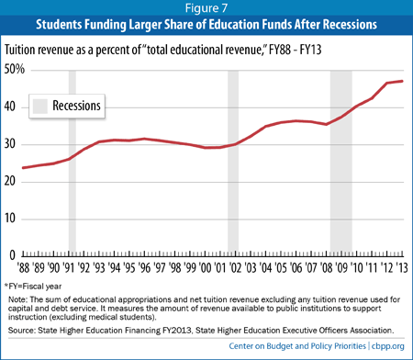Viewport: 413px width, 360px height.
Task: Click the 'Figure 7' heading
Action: [206, 8]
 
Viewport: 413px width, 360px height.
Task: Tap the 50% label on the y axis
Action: [14, 69]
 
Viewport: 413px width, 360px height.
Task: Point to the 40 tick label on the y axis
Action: [10, 107]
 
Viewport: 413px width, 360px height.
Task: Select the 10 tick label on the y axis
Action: [10, 219]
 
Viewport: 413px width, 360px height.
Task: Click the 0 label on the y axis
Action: [13, 255]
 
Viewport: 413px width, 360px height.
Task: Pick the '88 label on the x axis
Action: [23, 268]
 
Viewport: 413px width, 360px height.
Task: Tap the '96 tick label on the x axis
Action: [144, 268]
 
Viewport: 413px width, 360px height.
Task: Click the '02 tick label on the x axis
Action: [235, 268]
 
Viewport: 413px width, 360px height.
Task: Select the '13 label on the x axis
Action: [402, 268]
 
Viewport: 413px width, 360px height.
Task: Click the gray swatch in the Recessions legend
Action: [40, 107]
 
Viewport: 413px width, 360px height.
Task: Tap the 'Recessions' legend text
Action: [76, 106]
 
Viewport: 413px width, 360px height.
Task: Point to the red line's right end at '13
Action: [402, 81]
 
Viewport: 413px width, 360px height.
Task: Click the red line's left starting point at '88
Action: [23, 168]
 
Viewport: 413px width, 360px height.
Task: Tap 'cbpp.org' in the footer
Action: [388, 346]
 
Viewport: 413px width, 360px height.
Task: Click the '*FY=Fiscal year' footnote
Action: [33, 287]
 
